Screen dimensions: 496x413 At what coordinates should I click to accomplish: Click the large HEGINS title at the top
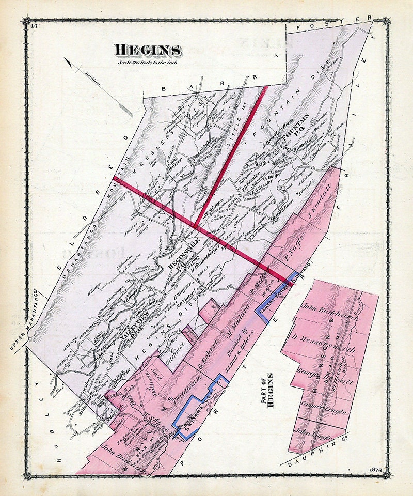148,51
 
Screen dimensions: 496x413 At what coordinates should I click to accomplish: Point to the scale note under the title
148,64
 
